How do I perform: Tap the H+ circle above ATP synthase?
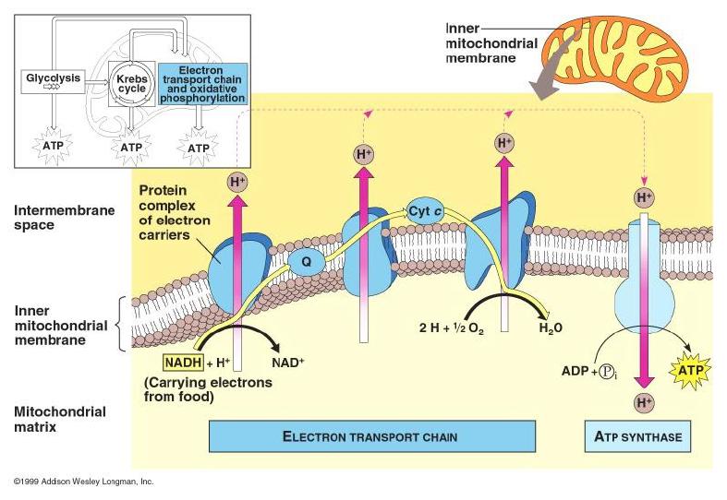click(643, 196)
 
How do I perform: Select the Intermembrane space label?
click(52, 217)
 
